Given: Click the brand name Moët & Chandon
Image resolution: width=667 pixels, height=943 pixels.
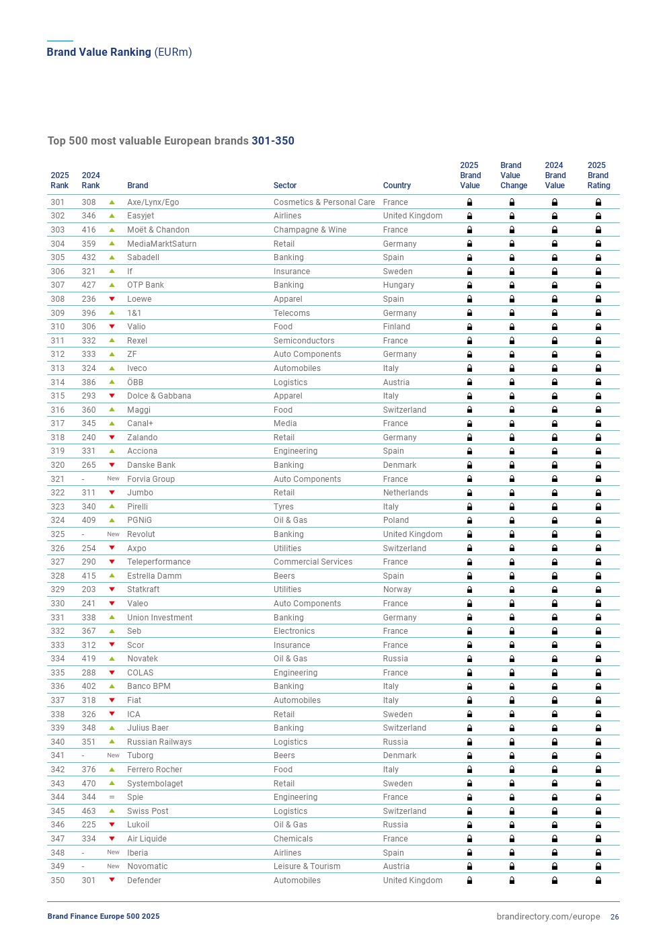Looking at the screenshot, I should (x=158, y=230).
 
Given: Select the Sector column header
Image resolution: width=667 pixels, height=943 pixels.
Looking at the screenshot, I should (x=284, y=186).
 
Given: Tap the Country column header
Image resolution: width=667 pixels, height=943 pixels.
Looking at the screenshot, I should (x=397, y=186).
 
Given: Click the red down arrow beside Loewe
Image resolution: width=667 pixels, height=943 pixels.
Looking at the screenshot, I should (x=112, y=299).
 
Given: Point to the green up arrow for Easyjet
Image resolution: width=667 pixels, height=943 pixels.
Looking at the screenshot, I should (x=112, y=216).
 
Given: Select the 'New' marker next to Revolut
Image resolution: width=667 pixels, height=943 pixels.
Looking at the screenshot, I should (x=113, y=534).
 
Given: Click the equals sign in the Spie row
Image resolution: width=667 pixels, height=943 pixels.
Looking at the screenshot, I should (x=112, y=797).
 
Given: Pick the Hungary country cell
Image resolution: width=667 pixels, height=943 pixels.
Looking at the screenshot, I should (x=399, y=285).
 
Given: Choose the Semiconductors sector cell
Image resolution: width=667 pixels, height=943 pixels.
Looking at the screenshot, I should (x=304, y=341).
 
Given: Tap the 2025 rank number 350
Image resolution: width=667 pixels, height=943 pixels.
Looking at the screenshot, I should (x=58, y=880).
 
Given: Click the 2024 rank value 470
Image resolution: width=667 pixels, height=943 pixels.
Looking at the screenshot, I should (x=89, y=784).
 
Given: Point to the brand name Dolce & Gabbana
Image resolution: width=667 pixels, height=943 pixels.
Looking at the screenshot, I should (x=159, y=396).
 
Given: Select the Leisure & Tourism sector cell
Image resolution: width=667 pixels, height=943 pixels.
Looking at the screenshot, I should (x=307, y=866).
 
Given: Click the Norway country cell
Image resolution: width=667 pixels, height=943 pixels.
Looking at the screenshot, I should (x=397, y=589).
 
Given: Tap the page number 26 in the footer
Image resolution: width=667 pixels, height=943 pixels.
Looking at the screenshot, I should (x=615, y=917).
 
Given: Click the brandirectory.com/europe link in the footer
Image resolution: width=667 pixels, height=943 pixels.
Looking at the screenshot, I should (x=548, y=917).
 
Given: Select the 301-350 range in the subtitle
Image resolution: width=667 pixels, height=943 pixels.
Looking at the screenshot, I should (x=273, y=141).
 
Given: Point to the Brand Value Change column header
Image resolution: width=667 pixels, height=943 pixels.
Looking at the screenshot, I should (x=513, y=175).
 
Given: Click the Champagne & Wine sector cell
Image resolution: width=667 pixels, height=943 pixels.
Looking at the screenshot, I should (x=310, y=230).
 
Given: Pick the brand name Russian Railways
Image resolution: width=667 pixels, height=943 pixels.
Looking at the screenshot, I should (x=159, y=742).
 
